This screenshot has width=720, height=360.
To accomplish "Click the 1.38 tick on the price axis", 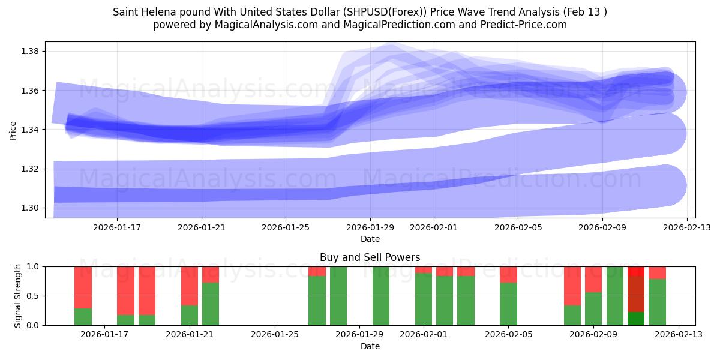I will point(30,51).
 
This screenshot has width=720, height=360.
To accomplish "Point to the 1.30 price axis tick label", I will point(30,208).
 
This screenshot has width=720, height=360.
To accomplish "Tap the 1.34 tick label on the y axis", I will point(30,130).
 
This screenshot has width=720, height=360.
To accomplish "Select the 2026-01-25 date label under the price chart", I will point(285,227).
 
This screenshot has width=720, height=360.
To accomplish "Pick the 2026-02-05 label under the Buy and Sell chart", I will point(508,335).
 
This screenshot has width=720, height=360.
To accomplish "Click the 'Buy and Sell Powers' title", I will point(370,257).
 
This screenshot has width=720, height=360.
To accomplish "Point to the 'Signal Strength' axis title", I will point(18,296).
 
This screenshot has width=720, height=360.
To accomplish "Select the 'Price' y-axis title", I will point(13,130).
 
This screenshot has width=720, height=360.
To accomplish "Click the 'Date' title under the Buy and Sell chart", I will point(370,346).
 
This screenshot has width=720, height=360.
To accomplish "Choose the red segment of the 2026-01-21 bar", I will point(190,286).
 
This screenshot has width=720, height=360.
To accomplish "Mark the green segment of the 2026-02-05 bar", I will point(508,304).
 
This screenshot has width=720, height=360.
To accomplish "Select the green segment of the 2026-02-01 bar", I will point(424,299).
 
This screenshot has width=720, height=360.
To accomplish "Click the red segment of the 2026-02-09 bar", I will point(593,279).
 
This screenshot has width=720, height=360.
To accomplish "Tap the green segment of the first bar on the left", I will point(83,317).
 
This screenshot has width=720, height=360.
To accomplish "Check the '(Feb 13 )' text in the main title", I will point(581,12).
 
